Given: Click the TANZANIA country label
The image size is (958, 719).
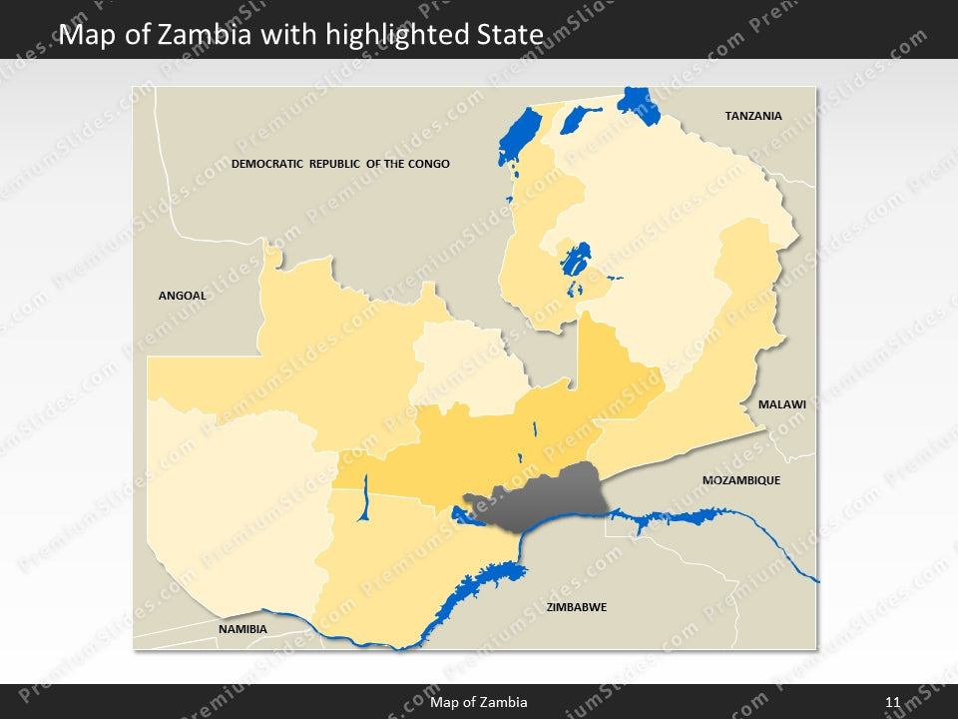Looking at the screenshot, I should coord(752,116).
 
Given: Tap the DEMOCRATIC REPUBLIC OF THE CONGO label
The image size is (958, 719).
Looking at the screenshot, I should coord(340,164).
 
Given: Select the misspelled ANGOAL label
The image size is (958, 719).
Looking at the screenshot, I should coord(183,296).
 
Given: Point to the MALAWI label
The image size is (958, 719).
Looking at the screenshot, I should coord(781,404).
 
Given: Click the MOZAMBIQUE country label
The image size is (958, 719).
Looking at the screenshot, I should coord(740,480).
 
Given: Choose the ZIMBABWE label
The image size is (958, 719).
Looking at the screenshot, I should coord(576,607).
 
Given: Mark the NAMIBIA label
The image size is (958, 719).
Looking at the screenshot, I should coord(242,629).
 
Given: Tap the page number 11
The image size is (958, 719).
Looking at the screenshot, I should coord(892,702).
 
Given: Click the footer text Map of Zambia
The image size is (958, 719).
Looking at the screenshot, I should coord(478,702).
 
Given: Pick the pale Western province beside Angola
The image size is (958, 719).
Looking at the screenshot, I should coord(235,499).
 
